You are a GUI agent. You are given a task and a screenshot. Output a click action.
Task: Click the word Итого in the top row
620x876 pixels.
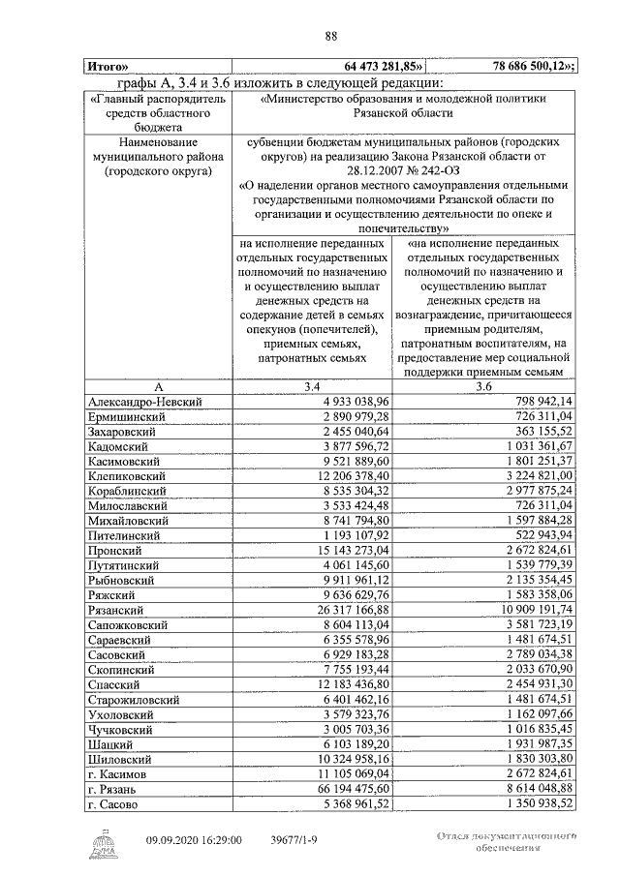pyautogui.click(x=108, y=67)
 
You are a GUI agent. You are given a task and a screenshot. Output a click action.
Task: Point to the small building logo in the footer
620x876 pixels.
pyautogui.click(x=100, y=840)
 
